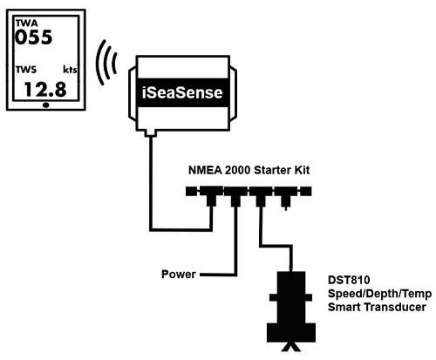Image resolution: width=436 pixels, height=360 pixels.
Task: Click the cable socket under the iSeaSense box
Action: click(153, 132)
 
